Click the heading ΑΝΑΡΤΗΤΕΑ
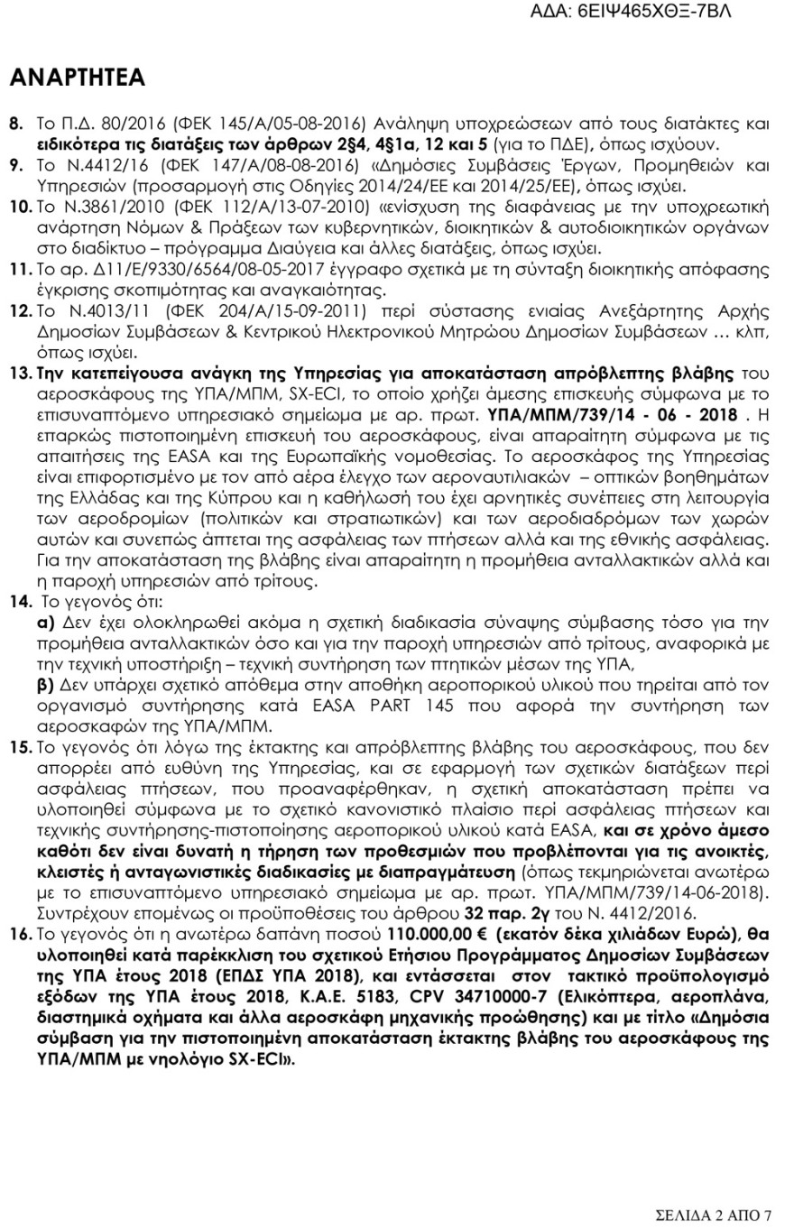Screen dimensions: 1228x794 coord(77,78)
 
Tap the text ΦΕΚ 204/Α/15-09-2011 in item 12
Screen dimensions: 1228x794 coord(233,311)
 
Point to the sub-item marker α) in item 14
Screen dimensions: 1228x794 coord(45,623)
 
